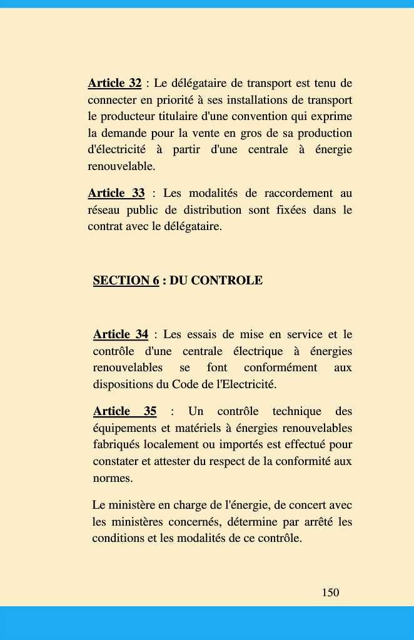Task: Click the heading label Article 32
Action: pyautogui.click(x=114, y=83)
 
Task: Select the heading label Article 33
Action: pyautogui.click(x=116, y=193)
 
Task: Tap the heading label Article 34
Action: pyautogui.click(x=121, y=335)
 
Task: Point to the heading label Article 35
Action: pyautogui.click(x=124, y=411)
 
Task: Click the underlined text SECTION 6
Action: pyautogui.click(x=126, y=281)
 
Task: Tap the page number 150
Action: pyautogui.click(x=330, y=592)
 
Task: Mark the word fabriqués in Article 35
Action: pyautogui.click(x=117, y=445)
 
